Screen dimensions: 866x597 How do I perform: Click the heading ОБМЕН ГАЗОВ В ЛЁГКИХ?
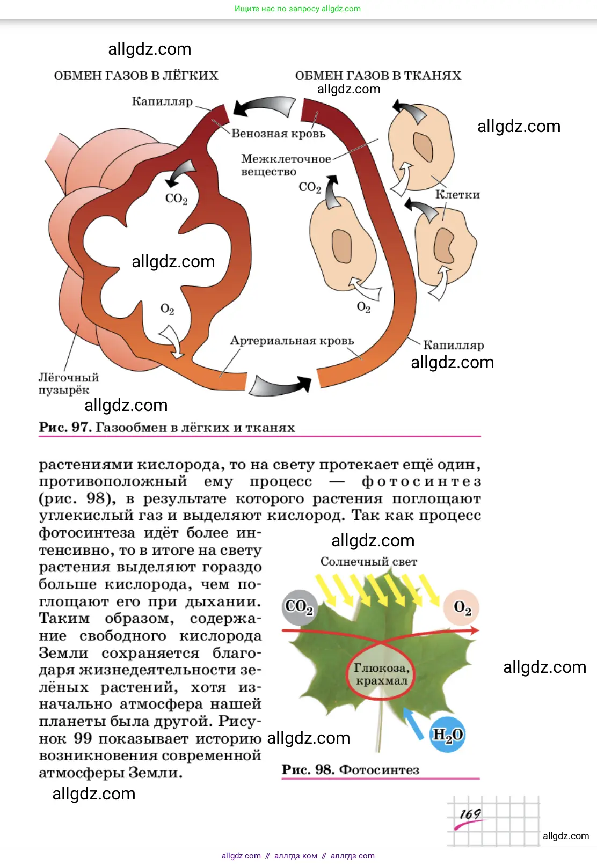click(x=136, y=76)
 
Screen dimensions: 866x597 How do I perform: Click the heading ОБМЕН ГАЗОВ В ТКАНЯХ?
click(x=378, y=76)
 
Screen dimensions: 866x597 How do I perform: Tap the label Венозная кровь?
click(x=278, y=134)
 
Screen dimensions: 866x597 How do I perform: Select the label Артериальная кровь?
click(x=292, y=341)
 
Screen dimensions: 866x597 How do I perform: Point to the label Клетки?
click(x=457, y=195)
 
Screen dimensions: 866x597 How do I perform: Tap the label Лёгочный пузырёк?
click(x=68, y=384)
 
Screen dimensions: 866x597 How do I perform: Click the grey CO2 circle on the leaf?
click(x=299, y=607)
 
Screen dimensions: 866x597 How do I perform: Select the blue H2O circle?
click(x=448, y=734)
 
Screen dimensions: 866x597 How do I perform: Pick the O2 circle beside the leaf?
click(x=462, y=607)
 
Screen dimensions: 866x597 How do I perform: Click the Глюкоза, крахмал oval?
click(x=381, y=674)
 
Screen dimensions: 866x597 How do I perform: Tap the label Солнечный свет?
click(x=368, y=562)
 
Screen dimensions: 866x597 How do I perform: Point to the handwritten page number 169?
click(x=470, y=814)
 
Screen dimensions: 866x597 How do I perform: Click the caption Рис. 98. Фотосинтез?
click(x=350, y=770)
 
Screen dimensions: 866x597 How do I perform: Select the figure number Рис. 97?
click(x=64, y=428)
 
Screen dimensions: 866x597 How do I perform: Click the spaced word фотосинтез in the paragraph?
click(x=421, y=481)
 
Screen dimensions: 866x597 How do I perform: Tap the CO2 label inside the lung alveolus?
click(x=176, y=199)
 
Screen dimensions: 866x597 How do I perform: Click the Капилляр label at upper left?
click(x=162, y=101)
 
